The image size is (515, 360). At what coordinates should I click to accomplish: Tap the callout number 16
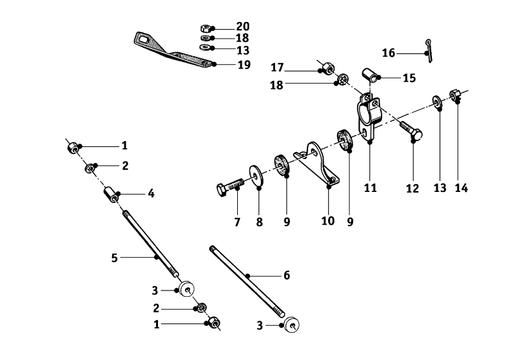click(x=388, y=53)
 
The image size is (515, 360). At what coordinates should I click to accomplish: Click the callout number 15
click(x=409, y=78)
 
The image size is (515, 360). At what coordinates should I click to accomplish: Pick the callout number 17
click(x=277, y=67)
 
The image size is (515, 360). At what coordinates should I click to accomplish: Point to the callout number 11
click(x=370, y=188)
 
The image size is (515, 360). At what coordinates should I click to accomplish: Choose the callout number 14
click(x=461, y=188)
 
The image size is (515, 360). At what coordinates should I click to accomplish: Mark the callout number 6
click(x=286, y=276)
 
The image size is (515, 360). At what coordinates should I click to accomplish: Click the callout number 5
click(x=114, y=258)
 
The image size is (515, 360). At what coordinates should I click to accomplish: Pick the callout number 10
click(x=328, y=221)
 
